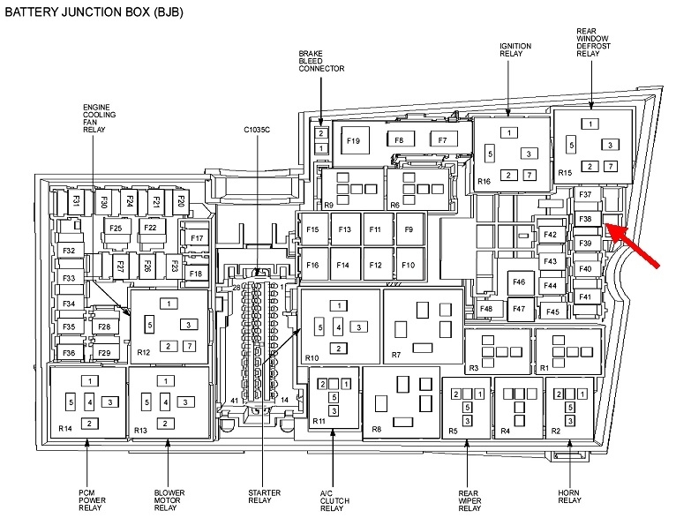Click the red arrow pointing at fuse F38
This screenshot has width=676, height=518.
click(x=638, y=244)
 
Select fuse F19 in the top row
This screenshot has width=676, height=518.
click(x=354, y=141)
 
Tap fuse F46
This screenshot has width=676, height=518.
click(x=518, y=282)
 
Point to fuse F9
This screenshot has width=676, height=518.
click(x=408, y=230)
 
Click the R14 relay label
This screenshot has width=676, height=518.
click(x=65, y=429)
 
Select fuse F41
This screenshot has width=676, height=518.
click(x=585, y=297)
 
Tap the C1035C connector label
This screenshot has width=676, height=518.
click(x=258, y=130)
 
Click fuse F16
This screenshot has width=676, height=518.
click(x=312, y=265)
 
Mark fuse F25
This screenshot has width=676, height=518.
click(x=115, y=229)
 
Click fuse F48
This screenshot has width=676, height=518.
click(x=486, y=309)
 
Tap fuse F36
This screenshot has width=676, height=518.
click(x=69, y=353)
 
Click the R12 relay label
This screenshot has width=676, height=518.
click(x=143, y=351)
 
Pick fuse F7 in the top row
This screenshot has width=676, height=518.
click(x=442, y=140)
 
